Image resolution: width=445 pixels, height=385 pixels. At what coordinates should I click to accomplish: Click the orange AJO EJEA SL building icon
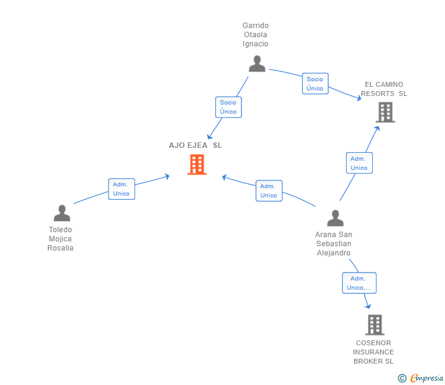[197, 164]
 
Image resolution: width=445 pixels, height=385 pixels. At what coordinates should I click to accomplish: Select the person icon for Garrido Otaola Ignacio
[257, 64]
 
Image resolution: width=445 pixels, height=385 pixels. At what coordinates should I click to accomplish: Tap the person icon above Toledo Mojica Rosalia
[62, 213]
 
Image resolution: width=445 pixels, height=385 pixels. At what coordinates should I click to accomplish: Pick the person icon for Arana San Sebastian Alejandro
[335, 218]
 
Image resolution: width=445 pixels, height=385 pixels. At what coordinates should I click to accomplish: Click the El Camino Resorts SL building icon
[385, 112]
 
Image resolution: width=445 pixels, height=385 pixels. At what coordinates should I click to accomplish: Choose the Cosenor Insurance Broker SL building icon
[375, 324]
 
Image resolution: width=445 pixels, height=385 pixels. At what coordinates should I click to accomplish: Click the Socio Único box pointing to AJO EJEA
[228, 107]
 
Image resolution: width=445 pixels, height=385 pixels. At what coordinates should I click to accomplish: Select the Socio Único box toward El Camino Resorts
[315, 84]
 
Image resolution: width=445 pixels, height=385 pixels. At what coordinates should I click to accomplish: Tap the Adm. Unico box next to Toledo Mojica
[121, 189]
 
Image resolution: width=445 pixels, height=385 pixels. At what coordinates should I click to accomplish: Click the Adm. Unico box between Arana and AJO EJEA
[268, 191]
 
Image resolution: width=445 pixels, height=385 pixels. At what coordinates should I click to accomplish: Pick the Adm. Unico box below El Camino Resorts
[359, 163]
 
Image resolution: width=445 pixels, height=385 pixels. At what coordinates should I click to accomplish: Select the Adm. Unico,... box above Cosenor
[359, 283]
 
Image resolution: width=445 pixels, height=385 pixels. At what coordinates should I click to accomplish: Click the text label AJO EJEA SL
[196, 145]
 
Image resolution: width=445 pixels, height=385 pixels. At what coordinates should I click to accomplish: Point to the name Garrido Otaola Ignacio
[256, 35]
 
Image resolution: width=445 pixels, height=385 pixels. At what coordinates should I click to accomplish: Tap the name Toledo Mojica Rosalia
[61, 239]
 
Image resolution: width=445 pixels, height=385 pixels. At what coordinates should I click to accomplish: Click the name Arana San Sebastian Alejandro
[334, 244]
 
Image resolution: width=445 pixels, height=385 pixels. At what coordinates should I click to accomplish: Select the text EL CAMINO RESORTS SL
[384, 89]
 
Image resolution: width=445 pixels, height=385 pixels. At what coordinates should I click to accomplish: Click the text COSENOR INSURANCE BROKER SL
[373, 352]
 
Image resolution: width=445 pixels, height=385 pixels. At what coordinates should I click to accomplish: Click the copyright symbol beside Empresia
[402, 378]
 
